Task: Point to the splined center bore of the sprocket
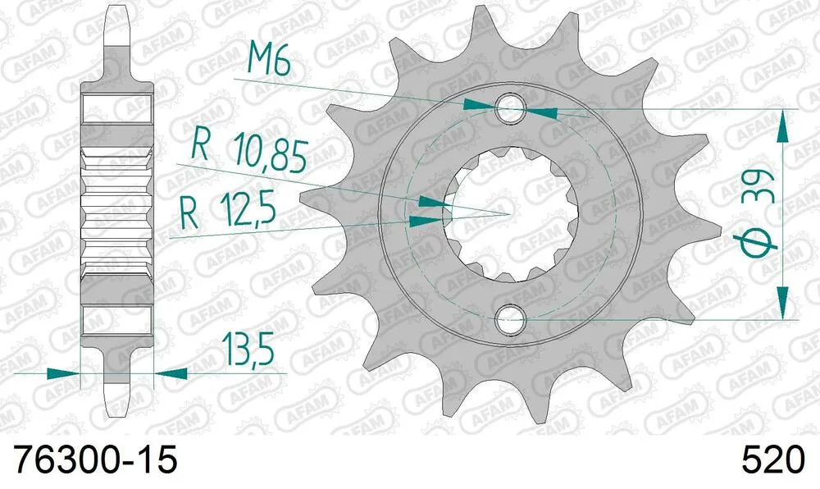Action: coord(511,211)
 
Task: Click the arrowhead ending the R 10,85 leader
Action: coord(431,201)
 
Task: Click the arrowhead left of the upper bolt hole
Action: coord(480,104)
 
